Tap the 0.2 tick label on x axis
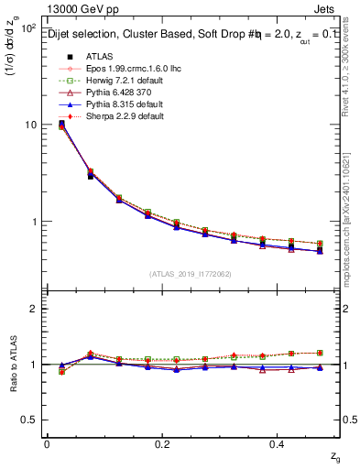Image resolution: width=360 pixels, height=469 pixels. tap(162, 444)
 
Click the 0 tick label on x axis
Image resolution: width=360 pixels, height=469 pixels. tap(47, 444)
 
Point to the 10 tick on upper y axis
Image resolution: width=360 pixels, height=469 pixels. tap(29, 125)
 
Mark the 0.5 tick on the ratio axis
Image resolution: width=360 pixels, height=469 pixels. tap(29, 420)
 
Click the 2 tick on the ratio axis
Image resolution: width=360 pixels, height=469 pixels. tap(33, 309)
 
